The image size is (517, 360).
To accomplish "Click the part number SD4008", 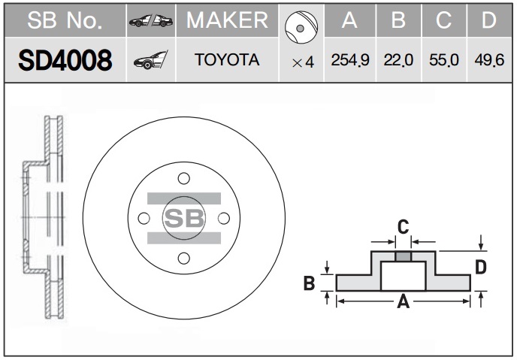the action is [x=65, y=60].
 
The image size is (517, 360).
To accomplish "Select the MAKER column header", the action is [x=227, y=20].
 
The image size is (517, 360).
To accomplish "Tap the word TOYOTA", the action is [x=227, y=59].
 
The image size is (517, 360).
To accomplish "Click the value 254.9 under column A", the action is [x=350, y=60].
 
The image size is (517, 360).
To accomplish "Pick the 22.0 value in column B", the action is [x=398, y=60].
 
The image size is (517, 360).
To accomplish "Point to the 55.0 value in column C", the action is [x=444, y=60].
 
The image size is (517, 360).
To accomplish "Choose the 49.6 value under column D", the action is [x=489, y=60].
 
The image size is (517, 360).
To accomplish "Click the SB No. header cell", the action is [x=65, y=20].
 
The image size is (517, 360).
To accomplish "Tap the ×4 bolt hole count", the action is [x=303, y=62].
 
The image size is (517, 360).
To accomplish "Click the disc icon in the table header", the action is [x=301, y=27].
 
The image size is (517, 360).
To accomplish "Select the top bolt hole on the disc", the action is [x=183, y=178].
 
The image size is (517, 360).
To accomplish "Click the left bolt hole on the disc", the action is [x=144, y=218].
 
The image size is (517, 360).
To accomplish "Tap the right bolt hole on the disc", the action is [x=224, y=218].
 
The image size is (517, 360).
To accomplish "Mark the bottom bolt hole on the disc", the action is [x=183, y=258].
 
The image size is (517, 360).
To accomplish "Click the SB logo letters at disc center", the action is [x=184, y=218].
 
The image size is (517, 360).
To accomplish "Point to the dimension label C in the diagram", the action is [x=403, y=227].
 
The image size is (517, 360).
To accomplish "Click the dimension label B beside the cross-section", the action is [x=309, y=283].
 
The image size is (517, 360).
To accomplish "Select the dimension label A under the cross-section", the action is [x=403, y=301].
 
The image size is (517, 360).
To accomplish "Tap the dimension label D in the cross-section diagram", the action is [x=481, y=267].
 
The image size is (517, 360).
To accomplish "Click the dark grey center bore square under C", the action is [x=403, y=256].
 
